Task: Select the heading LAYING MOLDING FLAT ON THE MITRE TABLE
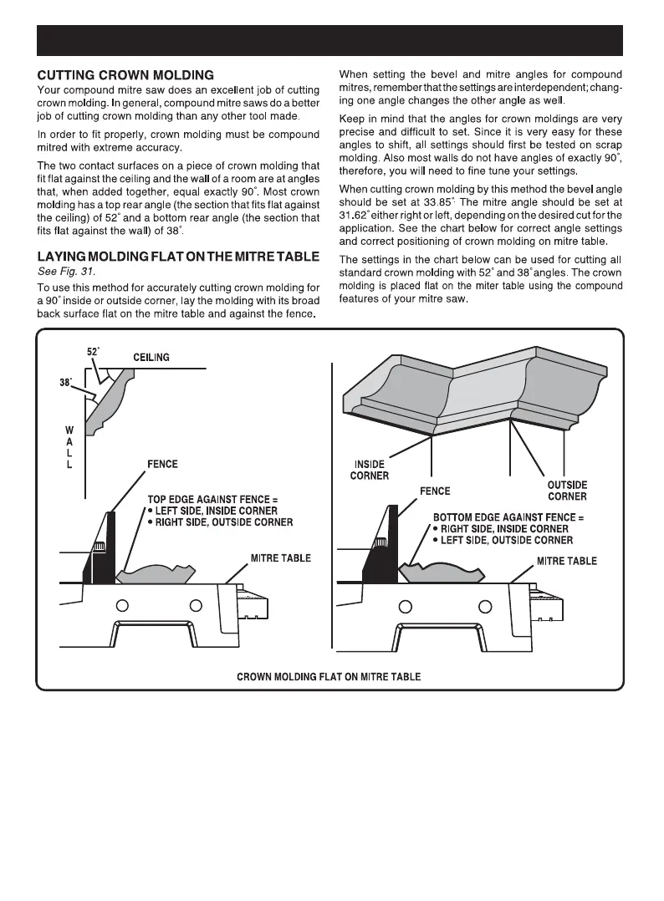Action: (x=178, y=256)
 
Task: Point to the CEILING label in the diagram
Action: (x=151, y=358)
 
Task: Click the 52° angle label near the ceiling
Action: (x=94, y=352)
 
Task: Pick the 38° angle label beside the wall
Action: (x=66, y=383)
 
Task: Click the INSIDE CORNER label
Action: (x=369, y=471)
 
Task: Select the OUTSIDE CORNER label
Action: (x=566, y=491)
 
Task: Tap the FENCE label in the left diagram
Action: (x=162, y=464)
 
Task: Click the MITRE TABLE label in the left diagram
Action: (x=281, y=557)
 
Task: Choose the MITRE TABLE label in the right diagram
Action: (x=566, y=561)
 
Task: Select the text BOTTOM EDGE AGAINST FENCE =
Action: (x=508, y=517)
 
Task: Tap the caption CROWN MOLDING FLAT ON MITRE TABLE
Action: (x=329, y=676)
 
